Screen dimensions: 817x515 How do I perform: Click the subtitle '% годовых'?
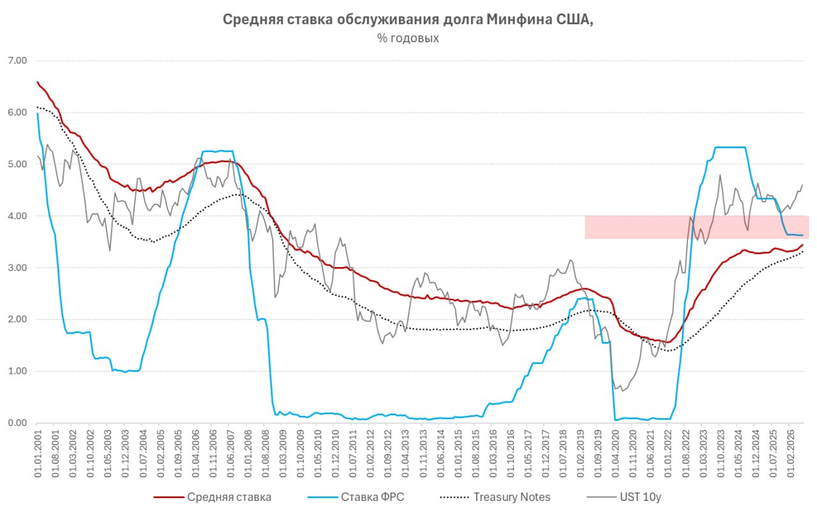pyautogui.click(x=408, y=38)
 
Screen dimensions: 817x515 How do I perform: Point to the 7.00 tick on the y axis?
pyautogui.click(x=17, y=61)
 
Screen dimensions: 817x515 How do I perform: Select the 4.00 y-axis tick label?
pyautogui.click(x=17, y=216)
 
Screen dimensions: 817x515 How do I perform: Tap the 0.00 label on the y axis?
pyautogui.click(x=17, y=423)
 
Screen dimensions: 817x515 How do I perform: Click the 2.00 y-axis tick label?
pyautogui.click(x=17, y=319)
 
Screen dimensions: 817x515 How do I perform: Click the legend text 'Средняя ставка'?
pyautogui.click(x=229, y=497)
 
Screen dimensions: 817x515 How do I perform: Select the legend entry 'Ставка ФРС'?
pyautogui.click(x=372, y=497)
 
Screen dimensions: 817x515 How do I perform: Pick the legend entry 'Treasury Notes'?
pyautogui.click(x=512, y=497)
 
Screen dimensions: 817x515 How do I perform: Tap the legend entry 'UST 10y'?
pyautogui.click(x=640, y=498)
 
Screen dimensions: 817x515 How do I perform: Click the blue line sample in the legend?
pyautogui.click(x=322, y=498)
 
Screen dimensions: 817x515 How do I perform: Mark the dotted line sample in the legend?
pyautogui.click(x=455, y=498)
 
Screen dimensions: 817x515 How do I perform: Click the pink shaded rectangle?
pyautogui.click(x=697, y=227)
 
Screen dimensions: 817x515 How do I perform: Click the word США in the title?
pyautogui.click(x=574, y=20)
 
